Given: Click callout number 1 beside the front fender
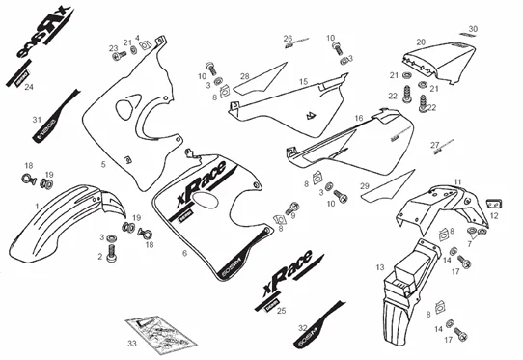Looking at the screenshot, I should pyautogui.click(x=37, y=207).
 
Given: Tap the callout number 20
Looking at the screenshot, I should pyautogui.click(x=421, y=42).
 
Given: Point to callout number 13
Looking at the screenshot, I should pyautogui.click(x=380, y=265).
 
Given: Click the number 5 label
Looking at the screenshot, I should pyautogui.click(x=103, y=165).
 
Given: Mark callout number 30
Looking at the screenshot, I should pyautogui.click(x=473, y=29).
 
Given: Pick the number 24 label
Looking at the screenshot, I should pyautogui.click(x=29, y=87).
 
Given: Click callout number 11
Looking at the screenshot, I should pyautogui.click(x=457, y=180).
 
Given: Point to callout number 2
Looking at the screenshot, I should pyautogui.click(x=98, y=256).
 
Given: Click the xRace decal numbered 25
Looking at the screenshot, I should pyautogui.click(x=289, y=290).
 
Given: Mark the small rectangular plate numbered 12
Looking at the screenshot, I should pyautogui.click(x=493, y=200).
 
